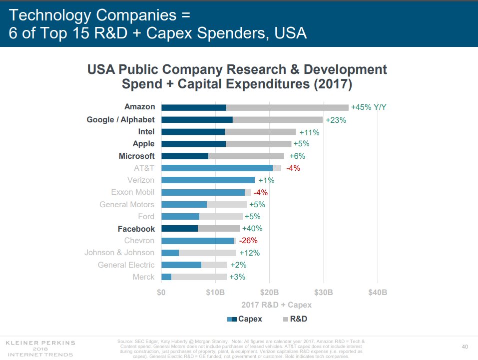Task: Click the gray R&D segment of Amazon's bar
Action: tap(287, 107)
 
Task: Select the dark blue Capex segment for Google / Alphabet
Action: tap(197, 119)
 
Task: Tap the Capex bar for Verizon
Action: tap(208, 180)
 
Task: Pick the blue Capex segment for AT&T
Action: tap(217, 168)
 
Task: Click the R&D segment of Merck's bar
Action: tap(199, 277)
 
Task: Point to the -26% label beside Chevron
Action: tap(248, 241)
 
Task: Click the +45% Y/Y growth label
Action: tap(369, 107)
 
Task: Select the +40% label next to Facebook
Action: tap(252, 229)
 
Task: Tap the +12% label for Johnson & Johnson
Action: tap(249, 253)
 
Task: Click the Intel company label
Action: tap(146, 132)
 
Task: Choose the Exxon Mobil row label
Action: tap(132, 192)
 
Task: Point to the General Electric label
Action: tap(126, 265)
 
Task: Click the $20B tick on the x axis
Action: tap(270, 292)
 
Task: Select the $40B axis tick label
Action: tap(377, 292)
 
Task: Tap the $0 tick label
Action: tap(161, 292)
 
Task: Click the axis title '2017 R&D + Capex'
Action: tap(270, 305)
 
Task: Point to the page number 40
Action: tap(465, 347)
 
